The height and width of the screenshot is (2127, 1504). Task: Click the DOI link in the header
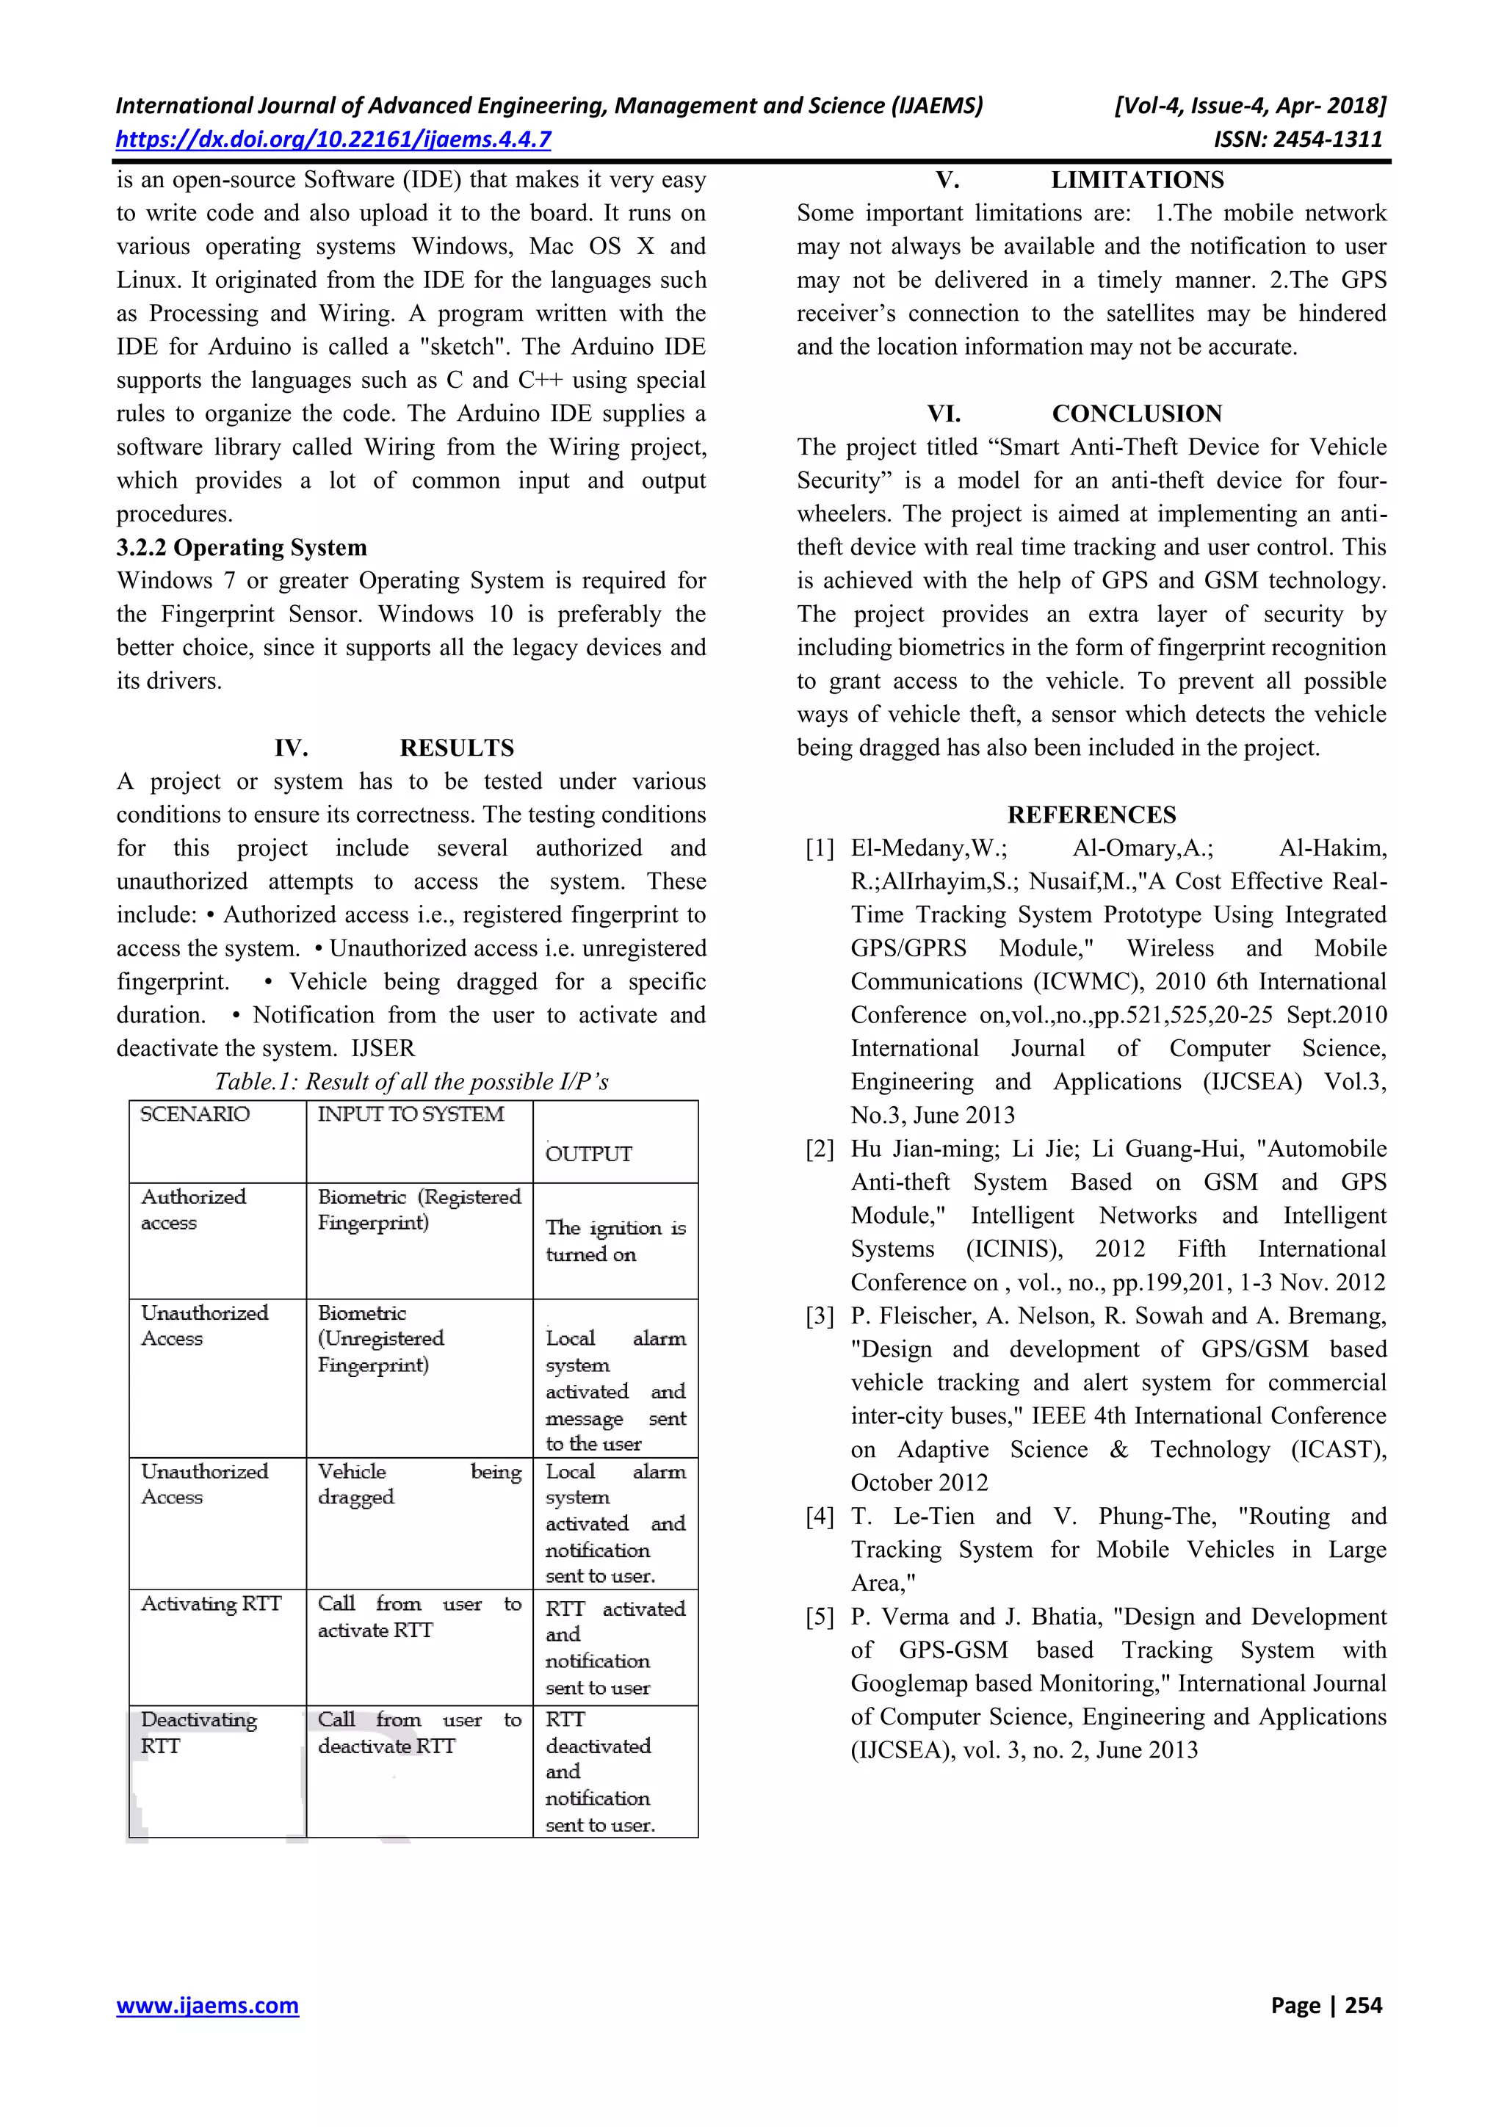(333, 140)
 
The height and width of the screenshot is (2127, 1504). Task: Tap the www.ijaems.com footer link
(207, 2005)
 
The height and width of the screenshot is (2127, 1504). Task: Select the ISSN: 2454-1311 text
(1298, 140)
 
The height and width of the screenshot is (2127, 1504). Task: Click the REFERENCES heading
(1092, 815)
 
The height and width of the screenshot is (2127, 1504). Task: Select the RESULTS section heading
(457, 748)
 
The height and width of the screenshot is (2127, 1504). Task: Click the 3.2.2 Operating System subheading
(242, 547)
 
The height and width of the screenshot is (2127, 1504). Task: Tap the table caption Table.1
(411, 1081)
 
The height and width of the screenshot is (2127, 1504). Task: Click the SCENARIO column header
(195, 1114)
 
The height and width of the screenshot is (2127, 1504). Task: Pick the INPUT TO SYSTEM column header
(411, 1114)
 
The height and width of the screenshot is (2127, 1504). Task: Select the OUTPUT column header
(589, 1153)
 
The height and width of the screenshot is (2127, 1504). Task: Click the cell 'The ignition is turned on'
(615, 1241)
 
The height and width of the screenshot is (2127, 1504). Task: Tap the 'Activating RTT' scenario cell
(211, 1603)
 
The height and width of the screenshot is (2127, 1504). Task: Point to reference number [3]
(820, 1316)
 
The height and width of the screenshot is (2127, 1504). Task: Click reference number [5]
(820, 1617)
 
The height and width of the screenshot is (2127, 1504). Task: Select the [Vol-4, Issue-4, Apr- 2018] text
(1249, 106)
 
